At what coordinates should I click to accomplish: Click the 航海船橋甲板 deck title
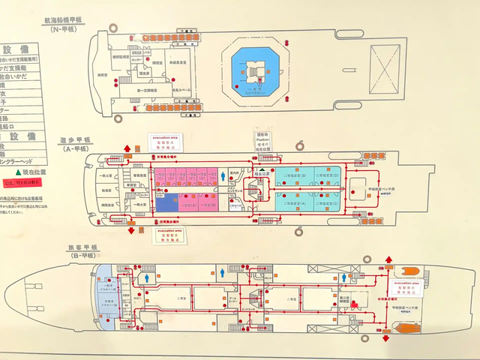tap(73, 16)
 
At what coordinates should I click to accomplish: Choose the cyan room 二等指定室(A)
tap(295, 203)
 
